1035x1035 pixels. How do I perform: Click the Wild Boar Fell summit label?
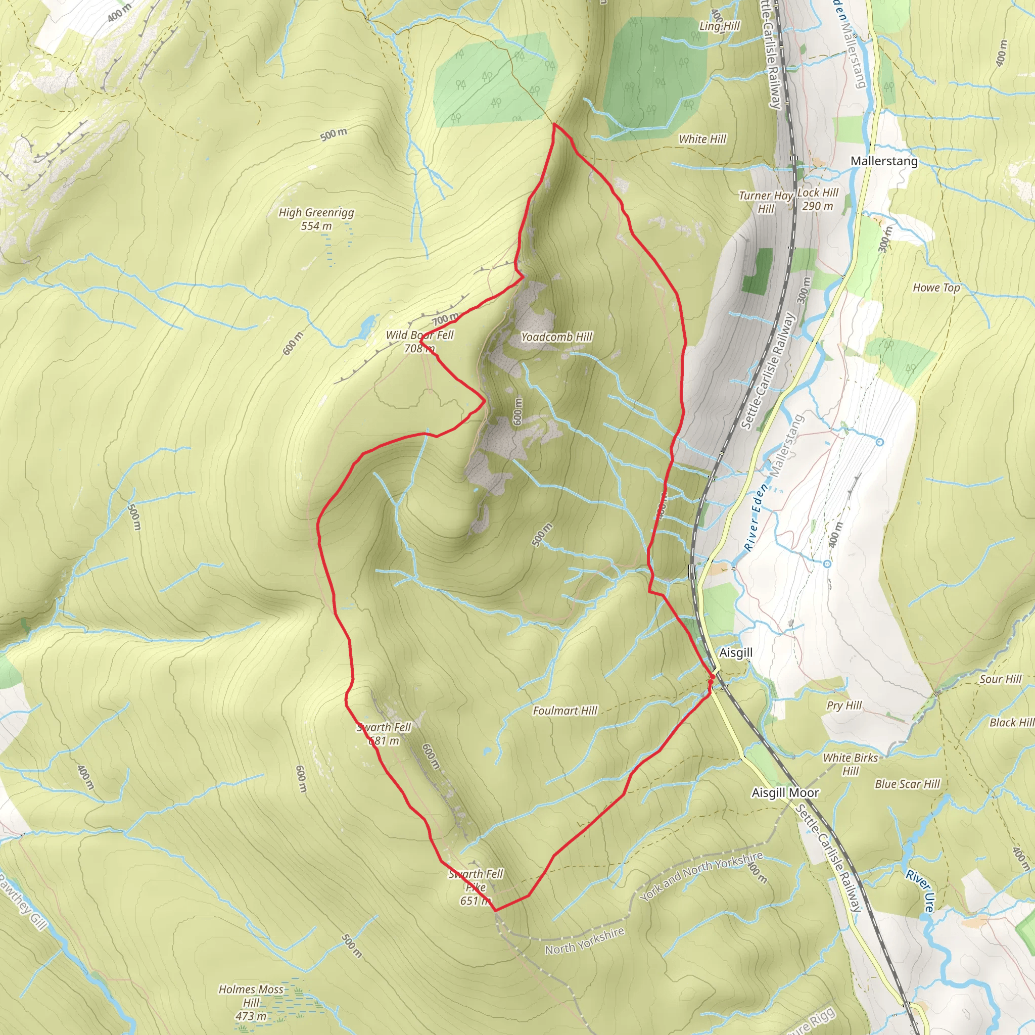click(x=419, y=342)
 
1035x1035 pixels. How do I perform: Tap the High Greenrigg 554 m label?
click(x=316, y=219)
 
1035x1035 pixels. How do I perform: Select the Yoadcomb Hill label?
click(x=556, y=337)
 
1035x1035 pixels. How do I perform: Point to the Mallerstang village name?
click(x=884, y=161)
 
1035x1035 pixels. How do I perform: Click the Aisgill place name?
click(x=735, y=652)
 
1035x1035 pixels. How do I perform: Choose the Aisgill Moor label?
click(x=785, y=793)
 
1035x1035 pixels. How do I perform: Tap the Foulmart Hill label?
click(x=564, y=711)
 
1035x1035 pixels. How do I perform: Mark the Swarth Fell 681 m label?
click(x=384, y=734)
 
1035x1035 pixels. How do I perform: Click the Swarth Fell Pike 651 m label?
click(x=476, y=887)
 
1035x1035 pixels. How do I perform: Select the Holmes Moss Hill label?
click(x=251, y=1002)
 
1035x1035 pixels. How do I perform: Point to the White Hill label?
click(x=702, y=139)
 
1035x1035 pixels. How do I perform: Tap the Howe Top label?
click(x=936, y=288)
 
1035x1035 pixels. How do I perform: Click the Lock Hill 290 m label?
click(x=818, y=199)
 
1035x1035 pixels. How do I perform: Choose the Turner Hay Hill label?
click(x=766, y=202)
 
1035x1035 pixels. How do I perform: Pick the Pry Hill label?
click(x=844, y=705)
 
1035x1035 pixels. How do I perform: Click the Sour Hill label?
click(x=1001, y=679)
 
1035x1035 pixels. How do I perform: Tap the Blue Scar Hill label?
click(x=908, y=784)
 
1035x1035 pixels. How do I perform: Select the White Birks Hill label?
click(x=850, y=765)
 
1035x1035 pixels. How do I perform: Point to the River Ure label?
click(x=920, y=891)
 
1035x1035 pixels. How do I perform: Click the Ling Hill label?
click(x=720, y=26)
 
